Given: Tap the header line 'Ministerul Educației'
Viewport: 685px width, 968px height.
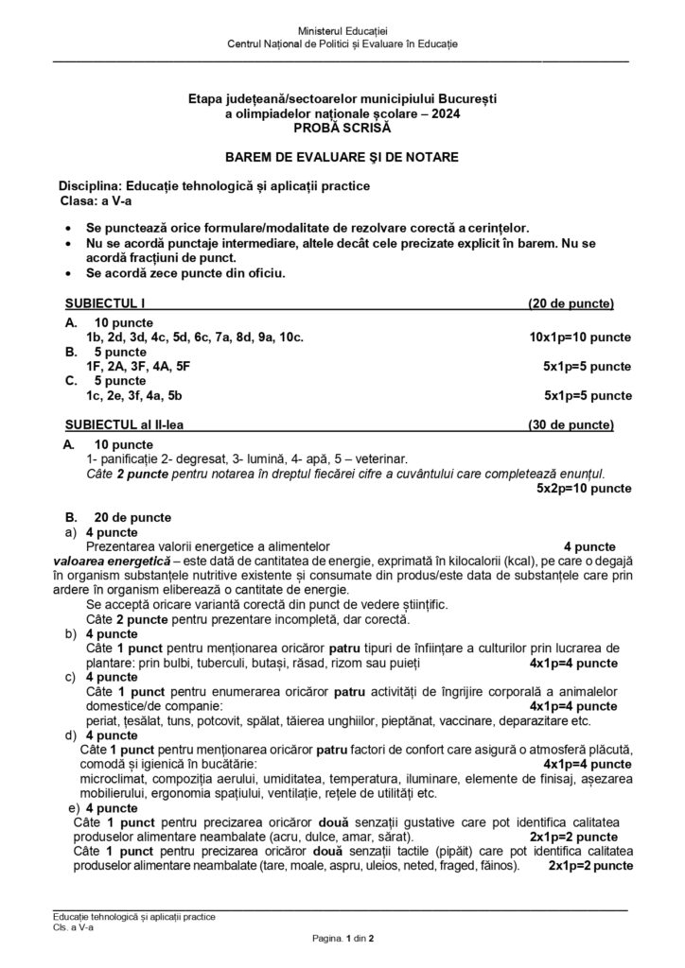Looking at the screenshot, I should point(342,33).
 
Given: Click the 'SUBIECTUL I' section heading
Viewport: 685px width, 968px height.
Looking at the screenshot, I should point(105,304).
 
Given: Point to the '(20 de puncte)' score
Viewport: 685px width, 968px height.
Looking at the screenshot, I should point(571,304).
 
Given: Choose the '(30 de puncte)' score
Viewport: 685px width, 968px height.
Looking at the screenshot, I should point(571,423).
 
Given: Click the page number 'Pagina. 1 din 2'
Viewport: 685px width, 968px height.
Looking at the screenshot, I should point(342,938).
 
